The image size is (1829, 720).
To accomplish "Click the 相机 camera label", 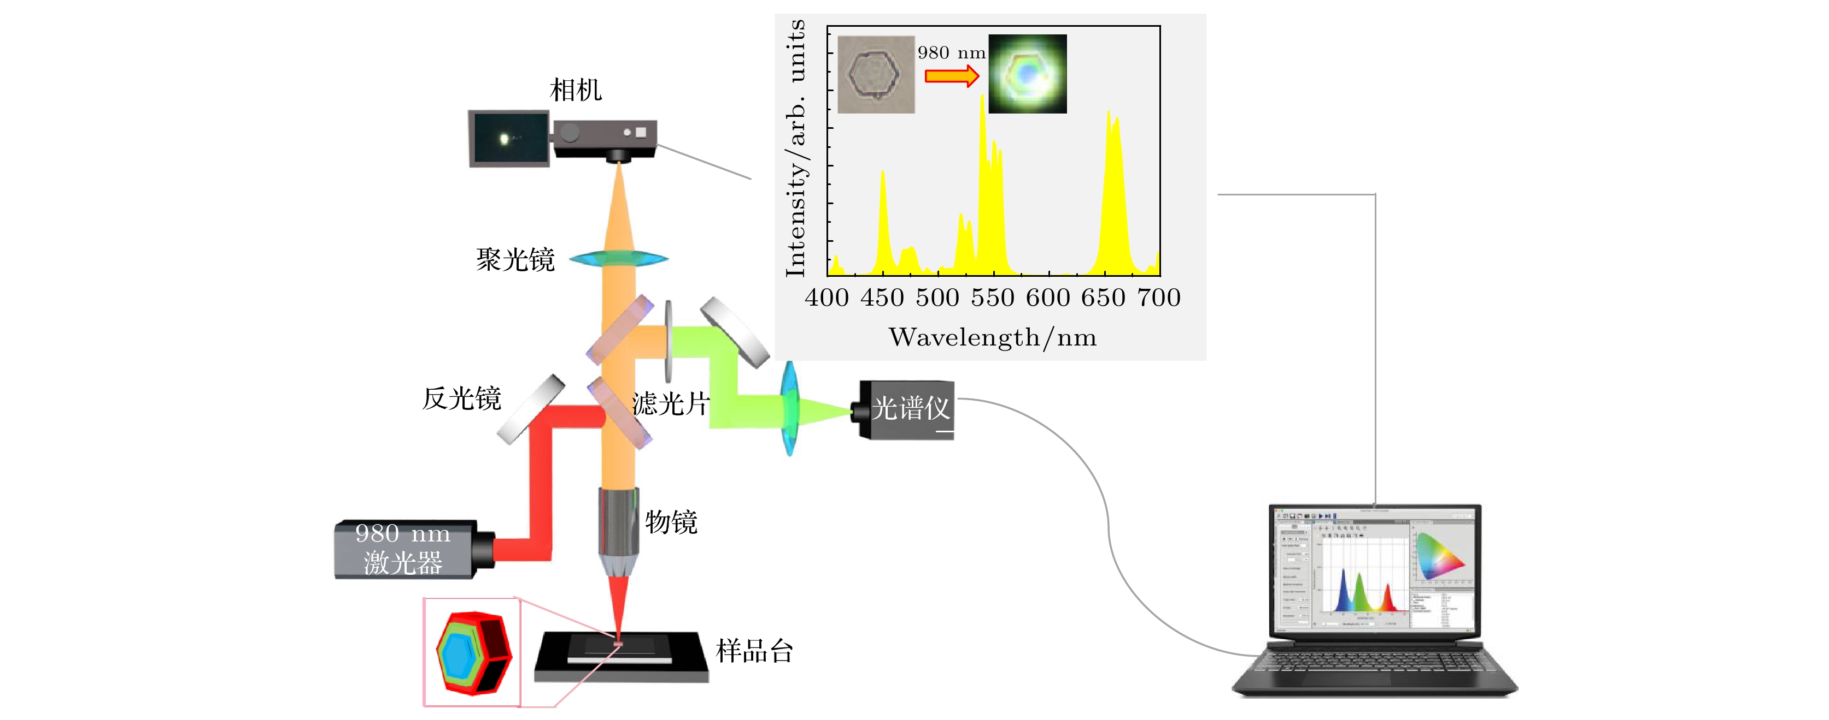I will [575, 90].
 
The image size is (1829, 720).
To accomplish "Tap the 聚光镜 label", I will [515, 260].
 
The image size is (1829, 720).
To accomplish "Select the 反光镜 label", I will [461, 398].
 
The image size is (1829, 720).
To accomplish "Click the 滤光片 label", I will [670, 404].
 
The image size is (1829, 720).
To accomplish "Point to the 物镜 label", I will [671, 522].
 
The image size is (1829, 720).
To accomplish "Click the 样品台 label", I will [754, 651].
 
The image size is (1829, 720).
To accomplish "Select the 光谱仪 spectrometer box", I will [907, 409].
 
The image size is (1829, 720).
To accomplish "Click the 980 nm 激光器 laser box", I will [403, 549].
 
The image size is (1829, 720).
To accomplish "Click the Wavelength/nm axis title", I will [993, 338].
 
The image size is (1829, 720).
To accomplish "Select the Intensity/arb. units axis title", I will [796, 149].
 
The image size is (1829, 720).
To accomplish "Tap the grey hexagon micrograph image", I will [876, 74].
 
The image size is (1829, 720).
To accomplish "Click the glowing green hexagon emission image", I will [1028, 74].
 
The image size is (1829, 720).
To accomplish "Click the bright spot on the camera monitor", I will [504, 139].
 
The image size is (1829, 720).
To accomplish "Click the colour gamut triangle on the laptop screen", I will [1437, 557].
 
